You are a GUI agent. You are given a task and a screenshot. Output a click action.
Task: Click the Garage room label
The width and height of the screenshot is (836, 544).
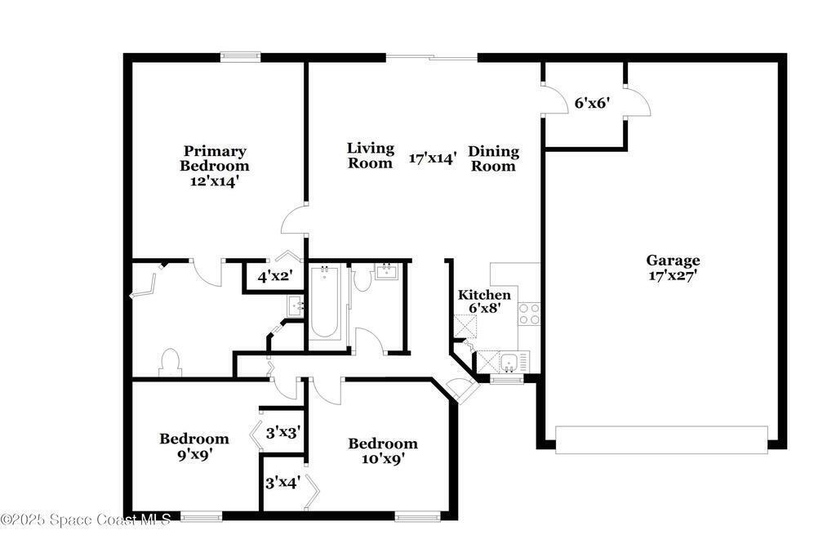click(x=673, y=261)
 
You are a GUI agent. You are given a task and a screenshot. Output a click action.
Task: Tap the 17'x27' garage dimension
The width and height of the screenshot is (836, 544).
click(x=673, y=276)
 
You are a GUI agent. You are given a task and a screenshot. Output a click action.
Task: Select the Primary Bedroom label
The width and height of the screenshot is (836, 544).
click(x=215, y=158)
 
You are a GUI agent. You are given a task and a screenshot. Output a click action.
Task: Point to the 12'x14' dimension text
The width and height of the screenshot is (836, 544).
click(x=215, y=181)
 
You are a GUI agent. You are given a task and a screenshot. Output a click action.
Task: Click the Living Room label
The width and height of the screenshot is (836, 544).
click(x=371, y=155)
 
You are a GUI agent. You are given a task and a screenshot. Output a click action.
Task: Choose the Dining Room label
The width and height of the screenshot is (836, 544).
click(x=493, y=158)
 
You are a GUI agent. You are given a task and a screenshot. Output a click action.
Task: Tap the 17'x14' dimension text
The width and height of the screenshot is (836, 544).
click(x=433, y=158)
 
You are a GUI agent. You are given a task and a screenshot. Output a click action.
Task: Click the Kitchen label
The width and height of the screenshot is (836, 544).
click(x=484, y=295)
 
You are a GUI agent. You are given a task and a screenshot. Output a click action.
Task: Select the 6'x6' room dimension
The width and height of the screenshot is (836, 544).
click(x=591, y=103)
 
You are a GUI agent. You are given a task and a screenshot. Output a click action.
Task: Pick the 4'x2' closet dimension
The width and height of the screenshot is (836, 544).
click(x=275, y=277)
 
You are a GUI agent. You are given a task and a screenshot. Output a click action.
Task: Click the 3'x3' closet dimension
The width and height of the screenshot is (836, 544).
click(x=283, y=433)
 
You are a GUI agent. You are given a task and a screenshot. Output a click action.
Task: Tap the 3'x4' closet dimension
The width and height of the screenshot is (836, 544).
click(x=283, y=483)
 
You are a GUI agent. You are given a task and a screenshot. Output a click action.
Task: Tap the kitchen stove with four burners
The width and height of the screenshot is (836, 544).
click(x=529, y=314)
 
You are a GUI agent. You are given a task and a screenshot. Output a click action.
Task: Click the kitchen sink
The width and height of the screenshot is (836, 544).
click(x=509, y=363)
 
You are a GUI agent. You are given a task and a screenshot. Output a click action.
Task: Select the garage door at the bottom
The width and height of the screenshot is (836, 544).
click(x=661, y=439)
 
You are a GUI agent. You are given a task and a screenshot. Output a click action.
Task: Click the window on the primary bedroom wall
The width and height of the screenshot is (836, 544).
click(x=241, y=57)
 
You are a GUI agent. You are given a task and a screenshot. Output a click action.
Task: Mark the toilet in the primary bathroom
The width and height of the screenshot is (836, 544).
click(x=170, y=362)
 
